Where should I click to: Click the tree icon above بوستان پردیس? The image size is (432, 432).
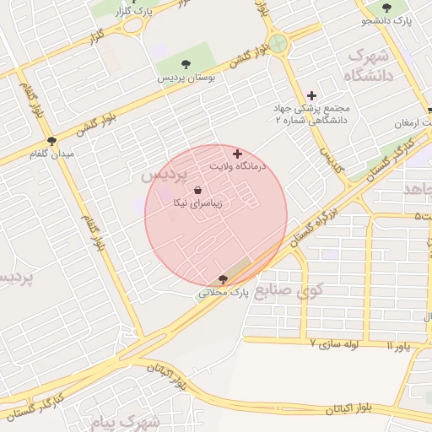pos(186,64)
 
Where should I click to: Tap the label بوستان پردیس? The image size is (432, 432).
pos(187,77)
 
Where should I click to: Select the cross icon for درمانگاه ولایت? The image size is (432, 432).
pos(238,154)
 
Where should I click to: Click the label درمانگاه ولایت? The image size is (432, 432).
pos(238,167)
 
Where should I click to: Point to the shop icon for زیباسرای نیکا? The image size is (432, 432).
pos(197,190)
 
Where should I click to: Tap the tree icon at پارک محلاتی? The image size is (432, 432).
pos(223,279)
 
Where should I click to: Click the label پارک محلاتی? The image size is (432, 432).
pos(225,293)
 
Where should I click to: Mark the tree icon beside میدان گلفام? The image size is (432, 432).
pos(51,141)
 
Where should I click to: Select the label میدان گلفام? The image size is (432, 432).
pos(52,154)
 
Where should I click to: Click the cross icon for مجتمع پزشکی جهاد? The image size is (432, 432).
pos(311,95)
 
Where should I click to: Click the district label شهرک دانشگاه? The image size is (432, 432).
pos(365,66)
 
